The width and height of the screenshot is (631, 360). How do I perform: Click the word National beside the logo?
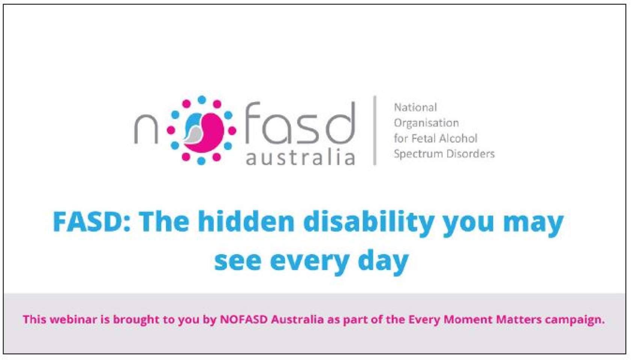pyautogui.click(x=415, y=107)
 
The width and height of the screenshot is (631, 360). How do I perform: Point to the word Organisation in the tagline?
pyautogui.click(x=426, y=123)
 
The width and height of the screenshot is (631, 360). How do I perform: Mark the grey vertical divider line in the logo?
pyautogui.click(x=375, y=130)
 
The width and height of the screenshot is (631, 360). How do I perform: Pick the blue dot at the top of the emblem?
pyautogui.click(x=202, y=99)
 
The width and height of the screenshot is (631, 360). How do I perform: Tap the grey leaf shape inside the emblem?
pyautogui.click(x=193, y=134)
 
